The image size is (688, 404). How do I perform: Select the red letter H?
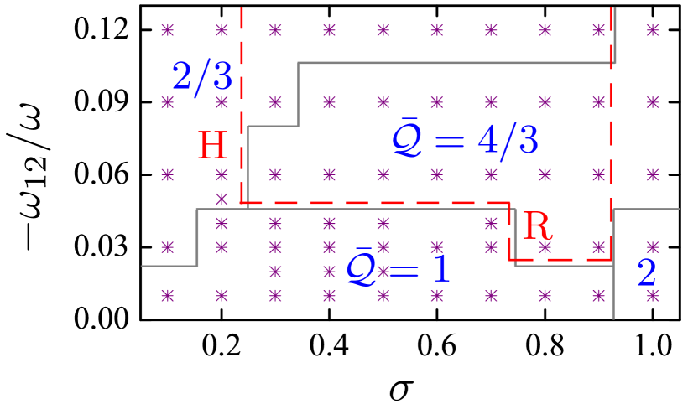coord(212,147)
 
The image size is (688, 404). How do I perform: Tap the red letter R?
coord(537,226)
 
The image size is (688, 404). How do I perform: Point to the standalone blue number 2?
coord(646,273)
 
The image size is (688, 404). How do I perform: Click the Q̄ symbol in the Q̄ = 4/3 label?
coord(409,138)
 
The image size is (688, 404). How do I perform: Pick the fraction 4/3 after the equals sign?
coord(508,141)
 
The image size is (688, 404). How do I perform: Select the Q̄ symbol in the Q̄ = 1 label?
coord(362,268)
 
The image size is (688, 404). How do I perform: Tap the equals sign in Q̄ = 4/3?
coord(450,142)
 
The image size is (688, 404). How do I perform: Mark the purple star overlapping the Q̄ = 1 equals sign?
coord(383,272)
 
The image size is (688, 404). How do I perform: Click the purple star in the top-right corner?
coord(652,30)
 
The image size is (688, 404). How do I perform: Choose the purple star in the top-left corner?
coord(168,30)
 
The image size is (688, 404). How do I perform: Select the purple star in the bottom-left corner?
coord(168,295)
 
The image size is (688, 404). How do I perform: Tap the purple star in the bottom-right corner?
coord(652,295)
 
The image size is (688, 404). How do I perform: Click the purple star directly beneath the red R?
coord(545,247)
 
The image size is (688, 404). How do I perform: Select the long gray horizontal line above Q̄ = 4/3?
coord(453,63)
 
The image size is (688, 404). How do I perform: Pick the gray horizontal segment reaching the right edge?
coord(646,209)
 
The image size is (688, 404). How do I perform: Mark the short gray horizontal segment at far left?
coord(169,266)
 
